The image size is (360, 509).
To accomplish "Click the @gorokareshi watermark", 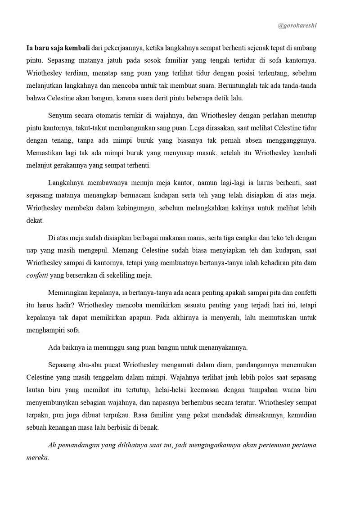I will coord(297,26).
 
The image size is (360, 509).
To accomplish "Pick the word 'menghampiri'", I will coord(45,330).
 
